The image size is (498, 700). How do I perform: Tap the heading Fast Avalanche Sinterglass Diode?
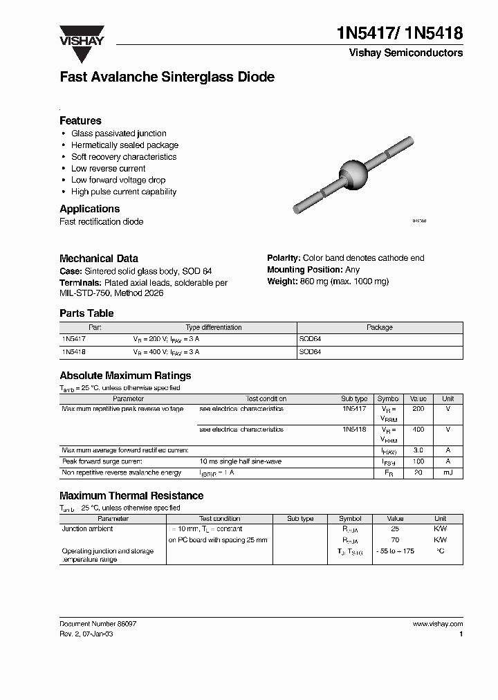point(167,77)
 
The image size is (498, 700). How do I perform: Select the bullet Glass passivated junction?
point(118,133)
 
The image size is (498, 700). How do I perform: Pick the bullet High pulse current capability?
point(124,192)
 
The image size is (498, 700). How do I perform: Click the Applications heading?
point(89,209)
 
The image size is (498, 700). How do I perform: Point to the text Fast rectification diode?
point(102,221)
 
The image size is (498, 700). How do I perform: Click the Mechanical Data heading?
point(98,258)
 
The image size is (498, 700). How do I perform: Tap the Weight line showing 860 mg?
point(328,282)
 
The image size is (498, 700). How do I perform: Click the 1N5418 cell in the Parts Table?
point(73,352)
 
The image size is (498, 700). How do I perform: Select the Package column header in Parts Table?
point(379,327)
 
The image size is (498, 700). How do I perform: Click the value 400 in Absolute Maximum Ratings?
point(418,430)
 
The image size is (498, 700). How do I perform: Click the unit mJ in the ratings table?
point(448,472)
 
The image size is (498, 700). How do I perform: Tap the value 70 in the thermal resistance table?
point(395,540)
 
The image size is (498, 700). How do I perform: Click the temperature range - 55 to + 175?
point(395,551)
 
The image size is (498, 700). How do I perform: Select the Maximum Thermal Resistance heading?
point(131,496)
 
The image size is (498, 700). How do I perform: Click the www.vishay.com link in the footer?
point(437,623)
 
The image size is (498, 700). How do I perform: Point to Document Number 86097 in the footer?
point(98,623)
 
